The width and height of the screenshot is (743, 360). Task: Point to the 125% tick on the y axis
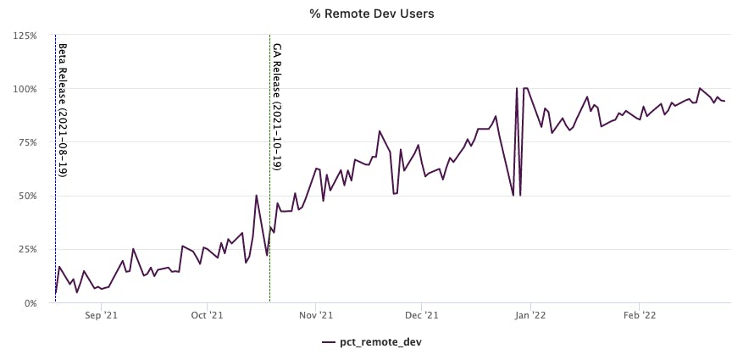(x=25, y=36)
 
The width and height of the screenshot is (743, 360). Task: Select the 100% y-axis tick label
(x=25, y=89)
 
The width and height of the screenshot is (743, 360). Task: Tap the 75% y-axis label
(x=26, y=142)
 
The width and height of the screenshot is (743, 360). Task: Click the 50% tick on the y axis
(x=26, y=196)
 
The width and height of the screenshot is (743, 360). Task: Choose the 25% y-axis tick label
(x=26, y=249)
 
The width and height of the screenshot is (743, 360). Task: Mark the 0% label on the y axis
(x=29, y=302)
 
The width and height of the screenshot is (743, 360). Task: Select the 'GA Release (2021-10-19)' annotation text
(x=276, y=107)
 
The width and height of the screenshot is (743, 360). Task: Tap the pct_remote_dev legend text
(x=381, y=342)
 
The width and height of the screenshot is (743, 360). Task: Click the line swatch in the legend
(x=329, y=342)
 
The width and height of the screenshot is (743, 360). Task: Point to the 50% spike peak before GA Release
(x=257, y=195)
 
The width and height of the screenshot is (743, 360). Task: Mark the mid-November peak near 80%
(x=380, y=130)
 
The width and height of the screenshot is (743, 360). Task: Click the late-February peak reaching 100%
(x=700, y=88)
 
